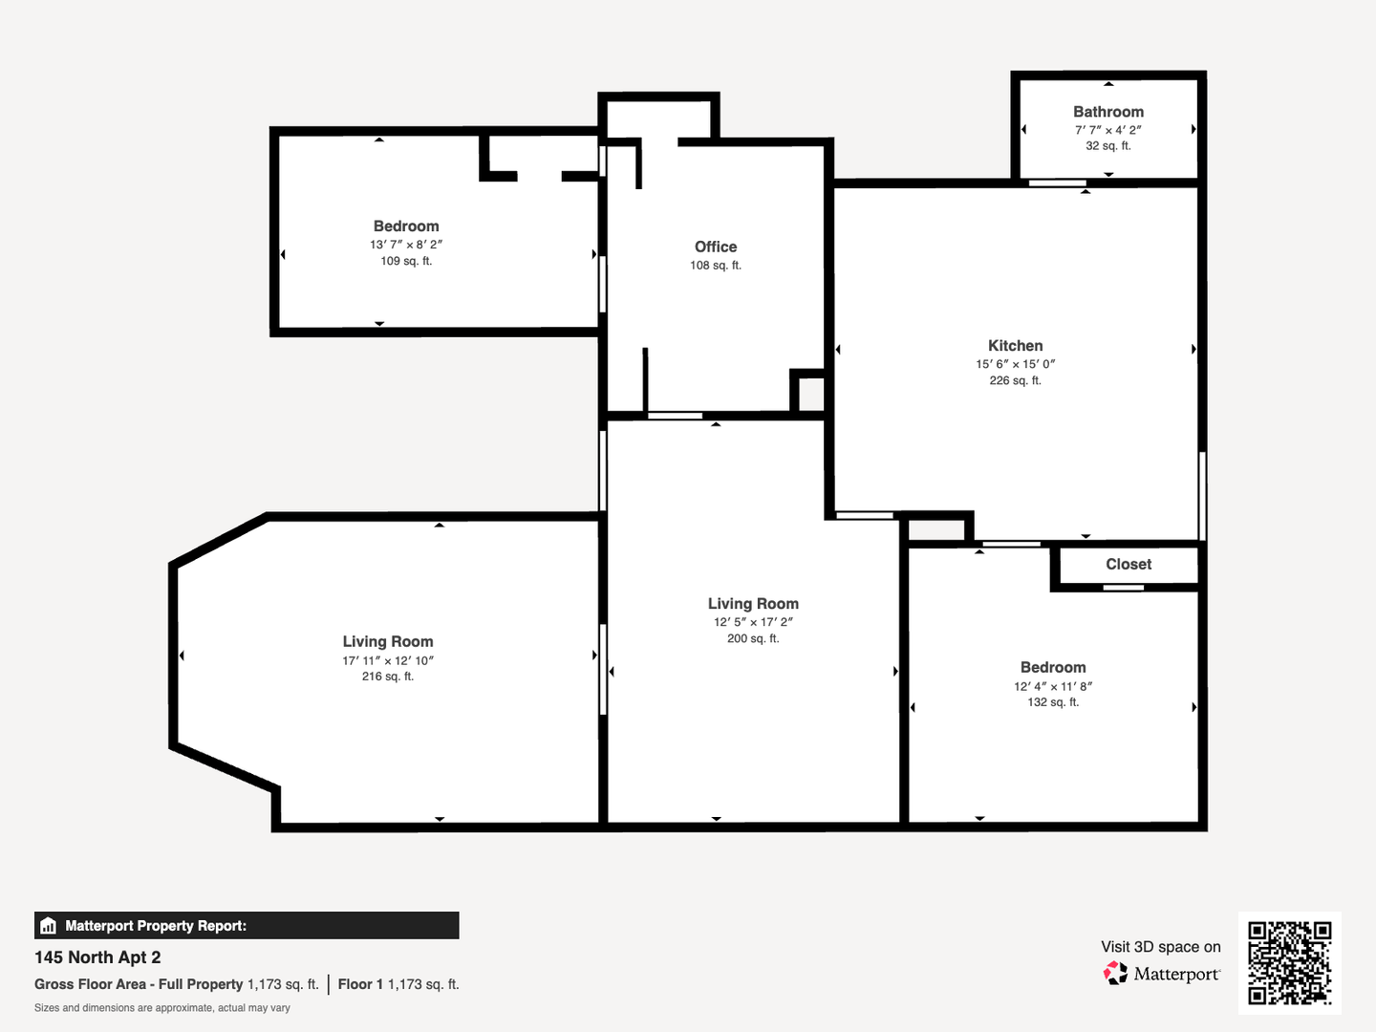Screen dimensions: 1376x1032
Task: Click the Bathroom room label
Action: click(x=1108, y=112)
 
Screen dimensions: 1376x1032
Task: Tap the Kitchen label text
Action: click(x=1015, y=345)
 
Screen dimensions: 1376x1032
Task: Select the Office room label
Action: click(x=716, y=247)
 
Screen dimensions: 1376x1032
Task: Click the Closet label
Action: click(x=1129, y=564)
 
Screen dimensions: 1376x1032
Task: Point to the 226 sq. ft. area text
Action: click(x=1015, y=380)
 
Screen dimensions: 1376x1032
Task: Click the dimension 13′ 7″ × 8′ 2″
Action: click(x=406, y=245)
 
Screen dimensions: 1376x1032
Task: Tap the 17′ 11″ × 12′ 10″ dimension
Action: click(x=388, y=660)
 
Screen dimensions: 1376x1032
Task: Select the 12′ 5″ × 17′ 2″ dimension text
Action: click(x=753, y=622)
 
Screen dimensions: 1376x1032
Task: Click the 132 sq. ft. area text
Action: click(x=1053, y=702)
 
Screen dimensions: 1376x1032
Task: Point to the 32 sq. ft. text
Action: click(x=1108, y=146)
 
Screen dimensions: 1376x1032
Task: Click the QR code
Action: click(x=1289, y=962)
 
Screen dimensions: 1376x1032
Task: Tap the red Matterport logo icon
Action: click(x=1115, y=973)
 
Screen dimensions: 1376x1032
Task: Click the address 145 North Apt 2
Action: click(x=97, y=957)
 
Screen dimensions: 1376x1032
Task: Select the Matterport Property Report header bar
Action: click(x=247, y=926)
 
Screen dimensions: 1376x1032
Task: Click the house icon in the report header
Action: click(x=49, y=926)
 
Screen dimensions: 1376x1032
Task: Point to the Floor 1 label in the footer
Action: click(x=360, y=984)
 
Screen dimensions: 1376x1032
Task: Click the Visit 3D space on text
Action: click(x=1161, y=947)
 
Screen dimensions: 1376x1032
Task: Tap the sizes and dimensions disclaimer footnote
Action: click(x=162, y=1008)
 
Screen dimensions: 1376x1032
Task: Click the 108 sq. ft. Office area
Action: click(x=716, y=266)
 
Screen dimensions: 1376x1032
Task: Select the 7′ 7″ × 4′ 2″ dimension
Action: click(x=1108, y=130)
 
